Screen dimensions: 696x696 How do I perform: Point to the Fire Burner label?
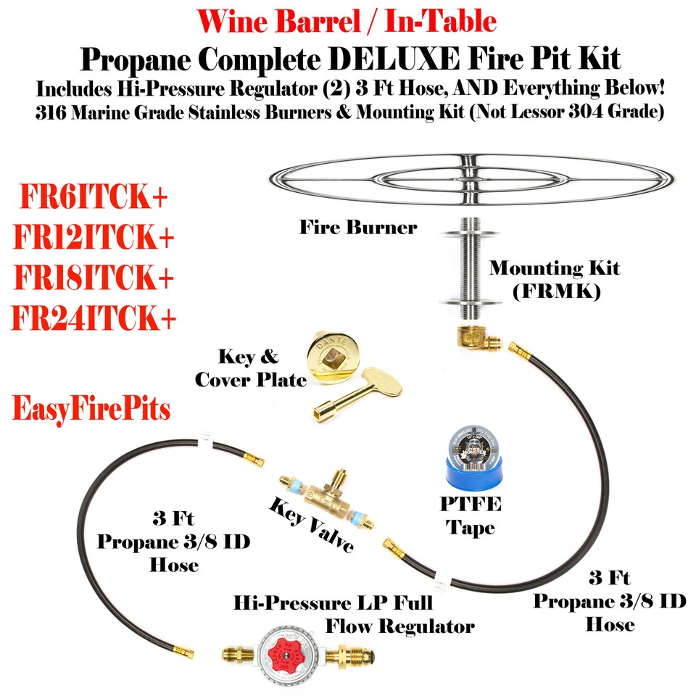(x=358, y=227)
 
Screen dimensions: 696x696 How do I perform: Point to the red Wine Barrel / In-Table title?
(x=348, y=21)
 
